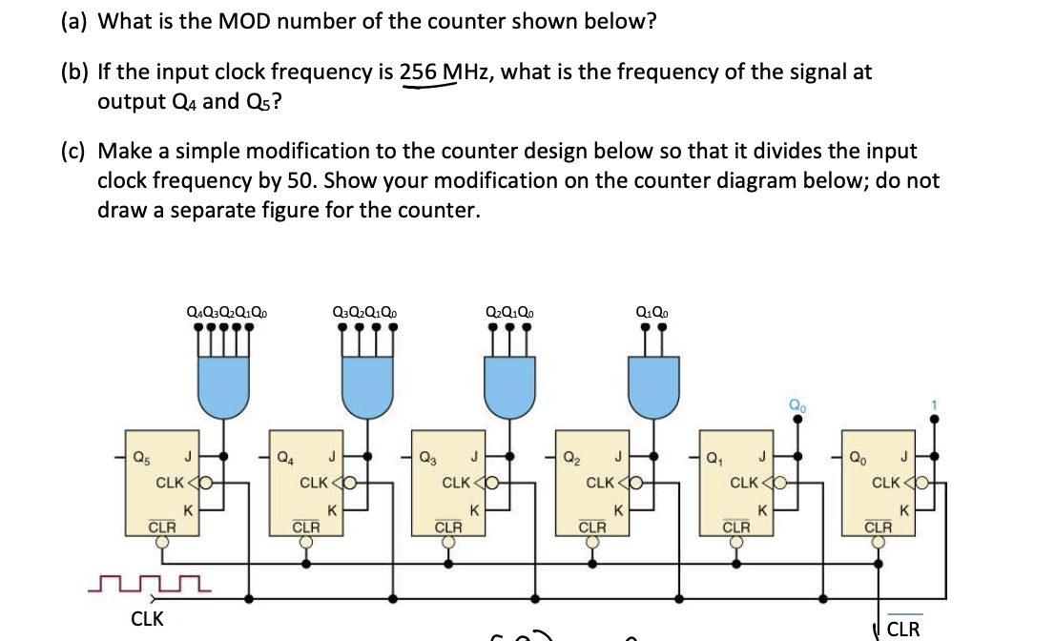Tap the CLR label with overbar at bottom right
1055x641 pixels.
coord(903,629)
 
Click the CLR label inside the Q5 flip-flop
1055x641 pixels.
coord(161,526)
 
